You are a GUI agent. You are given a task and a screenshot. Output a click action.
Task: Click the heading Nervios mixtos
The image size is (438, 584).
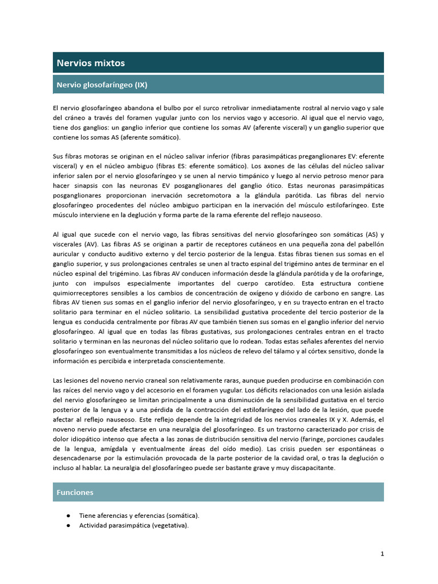[90, 63]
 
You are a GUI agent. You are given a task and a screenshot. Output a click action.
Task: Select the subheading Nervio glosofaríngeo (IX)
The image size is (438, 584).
[102, 85]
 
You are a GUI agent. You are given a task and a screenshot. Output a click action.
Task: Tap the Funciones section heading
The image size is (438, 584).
[75, 492]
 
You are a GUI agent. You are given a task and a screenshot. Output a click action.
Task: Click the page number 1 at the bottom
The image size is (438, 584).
[382, 553]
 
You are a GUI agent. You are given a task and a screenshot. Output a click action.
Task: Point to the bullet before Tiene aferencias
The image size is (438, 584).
[68, 515]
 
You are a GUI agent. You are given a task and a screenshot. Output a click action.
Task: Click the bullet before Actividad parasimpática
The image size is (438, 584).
[68, 525]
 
